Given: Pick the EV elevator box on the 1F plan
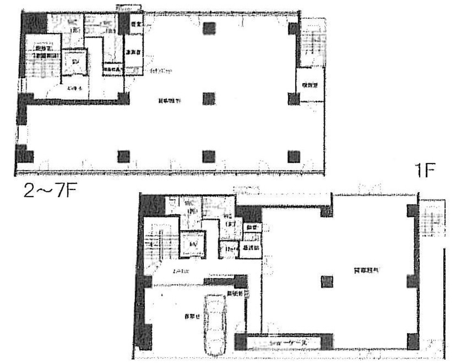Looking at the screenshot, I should [x=192, y=245].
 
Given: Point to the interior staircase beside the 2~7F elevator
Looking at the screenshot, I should [x=43, y=63].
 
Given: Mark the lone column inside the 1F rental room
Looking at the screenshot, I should [x=327, y=282].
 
